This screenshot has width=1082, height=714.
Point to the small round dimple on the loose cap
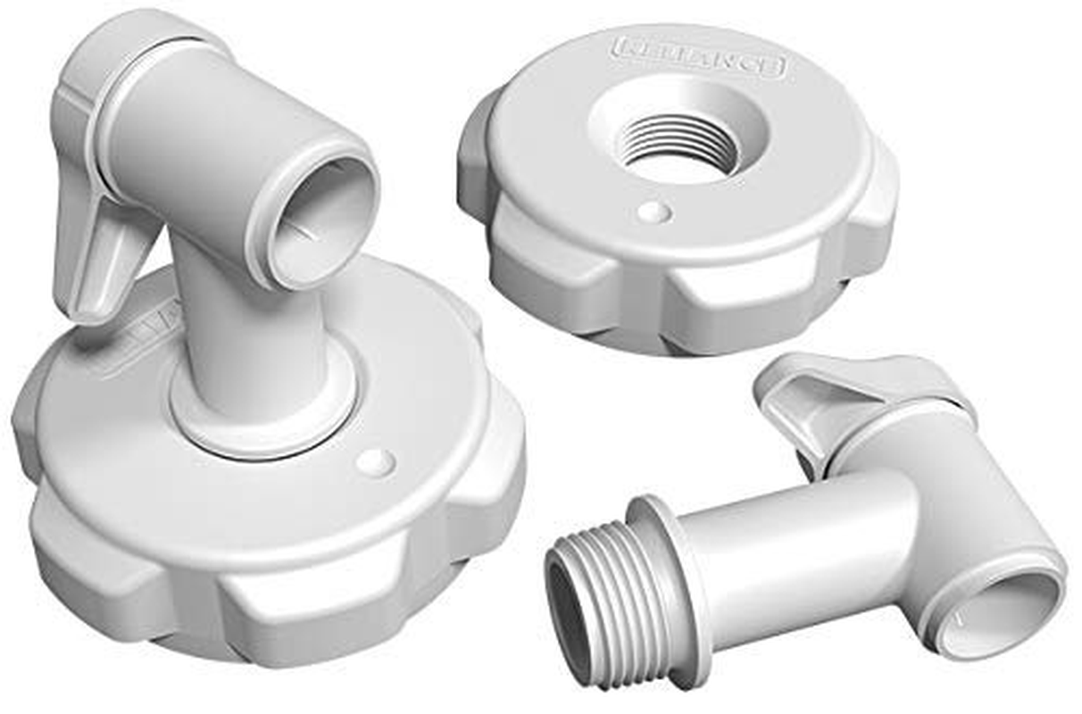(654, 212)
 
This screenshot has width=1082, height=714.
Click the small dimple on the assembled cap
(375, 461)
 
